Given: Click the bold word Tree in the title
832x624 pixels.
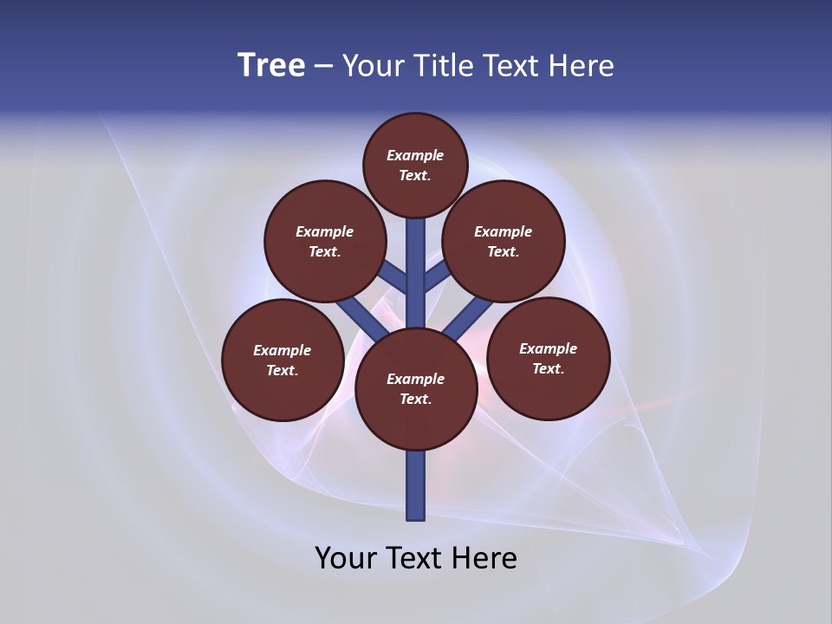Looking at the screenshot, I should coord(271,66).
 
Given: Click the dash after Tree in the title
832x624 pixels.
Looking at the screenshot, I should coord(323,67).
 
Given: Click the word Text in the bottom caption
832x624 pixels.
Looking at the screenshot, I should coord(413,558).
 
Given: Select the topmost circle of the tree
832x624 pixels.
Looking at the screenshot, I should coord(415,166).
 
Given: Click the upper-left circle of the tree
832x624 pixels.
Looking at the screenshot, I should coord(324,242).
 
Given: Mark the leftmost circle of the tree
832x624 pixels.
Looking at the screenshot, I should coord(283,361).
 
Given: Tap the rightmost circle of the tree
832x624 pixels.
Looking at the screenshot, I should coord(548,359).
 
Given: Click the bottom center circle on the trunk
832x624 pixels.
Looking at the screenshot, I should coord(416,389).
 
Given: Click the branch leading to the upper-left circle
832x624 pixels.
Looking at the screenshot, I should coord(394,278).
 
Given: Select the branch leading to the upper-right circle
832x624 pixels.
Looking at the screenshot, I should coord(436,278).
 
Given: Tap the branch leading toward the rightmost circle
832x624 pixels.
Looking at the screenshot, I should coord(469,317).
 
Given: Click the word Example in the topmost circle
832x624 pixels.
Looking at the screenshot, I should coord(415,156).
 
